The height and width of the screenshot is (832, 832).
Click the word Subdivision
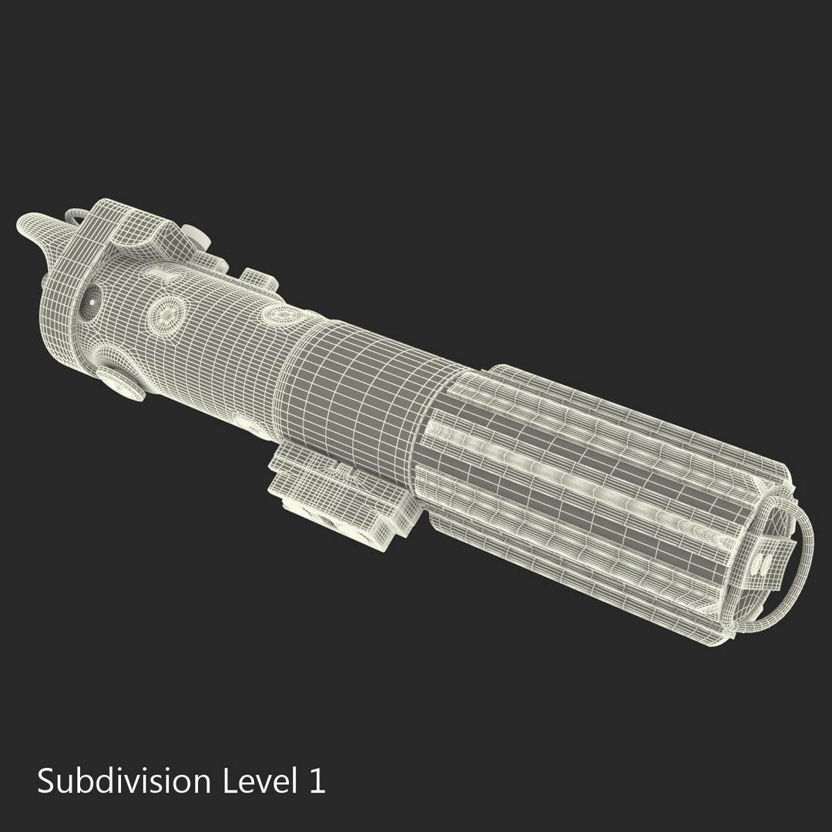coord(123,780)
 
